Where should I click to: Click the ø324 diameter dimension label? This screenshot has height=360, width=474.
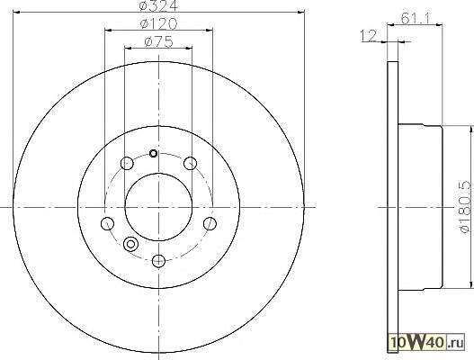[158, 5]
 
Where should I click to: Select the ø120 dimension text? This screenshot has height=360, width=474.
[158, 24]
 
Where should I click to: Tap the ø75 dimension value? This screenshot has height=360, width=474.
[158, 41]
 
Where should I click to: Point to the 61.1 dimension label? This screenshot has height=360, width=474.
[415, 19]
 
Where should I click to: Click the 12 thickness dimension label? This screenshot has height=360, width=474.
[368, 35]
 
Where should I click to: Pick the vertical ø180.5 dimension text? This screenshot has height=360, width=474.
[465, 207]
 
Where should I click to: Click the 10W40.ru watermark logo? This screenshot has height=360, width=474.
[426, 343]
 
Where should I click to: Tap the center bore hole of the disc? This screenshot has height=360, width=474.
[158, 207]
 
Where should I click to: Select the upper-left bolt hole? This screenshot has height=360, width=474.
[127, 164]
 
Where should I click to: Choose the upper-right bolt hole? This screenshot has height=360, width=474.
[191, 164]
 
